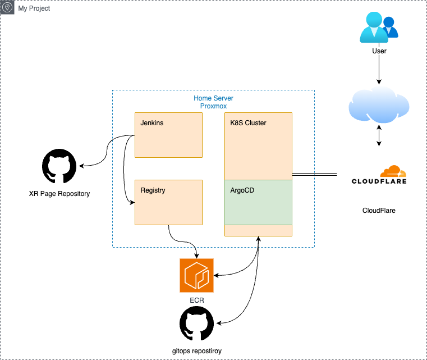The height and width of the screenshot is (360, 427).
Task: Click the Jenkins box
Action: pyautogui.click(x=168, y=135)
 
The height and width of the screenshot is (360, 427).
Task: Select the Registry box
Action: pyautogui.click(x=168, y=202)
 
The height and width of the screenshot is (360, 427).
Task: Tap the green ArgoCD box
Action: pyautogui.click(x=258, y=202)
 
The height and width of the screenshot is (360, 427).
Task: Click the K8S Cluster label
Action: pyautogui.click(x=249, y=123)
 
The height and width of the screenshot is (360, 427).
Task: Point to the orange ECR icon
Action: pyautogui.click(x=196, y=276)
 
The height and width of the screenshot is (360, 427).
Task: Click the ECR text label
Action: pyautogui.click(x=196, y=300)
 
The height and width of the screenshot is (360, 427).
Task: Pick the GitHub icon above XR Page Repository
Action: pyautogui.click(x=59, y=167)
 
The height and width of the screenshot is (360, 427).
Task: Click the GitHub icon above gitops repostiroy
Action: pyautogui.click(x=196, y=325)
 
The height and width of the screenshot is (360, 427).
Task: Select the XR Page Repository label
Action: pyautogui.click(x=59, y=194)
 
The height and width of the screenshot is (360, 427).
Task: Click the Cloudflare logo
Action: pyautogui.click(x=379, y=175)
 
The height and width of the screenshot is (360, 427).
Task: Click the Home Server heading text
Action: pyautogui.click(x=213, y=98)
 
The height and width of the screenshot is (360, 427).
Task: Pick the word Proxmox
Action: pyautogui.click(x=213, y=106)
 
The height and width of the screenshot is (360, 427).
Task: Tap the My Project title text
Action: pyautogui.click(x=34, y=8)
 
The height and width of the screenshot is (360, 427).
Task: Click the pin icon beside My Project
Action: pyautogui.click(x=8, y=8)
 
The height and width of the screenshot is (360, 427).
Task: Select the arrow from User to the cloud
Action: pyautogui.click(x=379, y=70)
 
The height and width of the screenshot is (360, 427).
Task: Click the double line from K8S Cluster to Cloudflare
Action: pyautogui.click(x=314, y=175)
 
